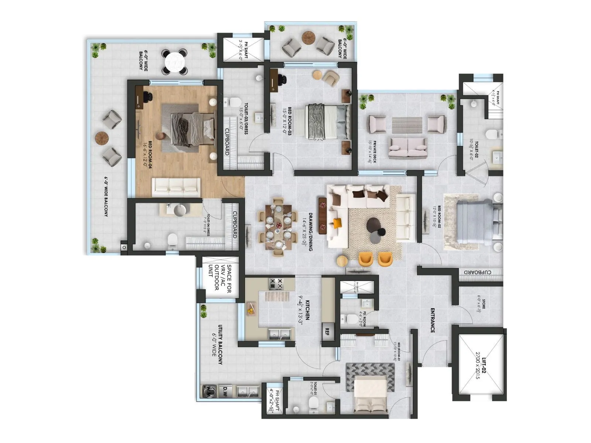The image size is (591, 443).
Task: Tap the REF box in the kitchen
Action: point(327,331)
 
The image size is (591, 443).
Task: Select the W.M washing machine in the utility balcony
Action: point(208,391)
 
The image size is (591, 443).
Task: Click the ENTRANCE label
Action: point(433,320)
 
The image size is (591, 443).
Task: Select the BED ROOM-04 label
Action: point(147,155)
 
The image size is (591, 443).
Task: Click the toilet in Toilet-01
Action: point(313,402)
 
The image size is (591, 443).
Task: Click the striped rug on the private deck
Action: point(407,126)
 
